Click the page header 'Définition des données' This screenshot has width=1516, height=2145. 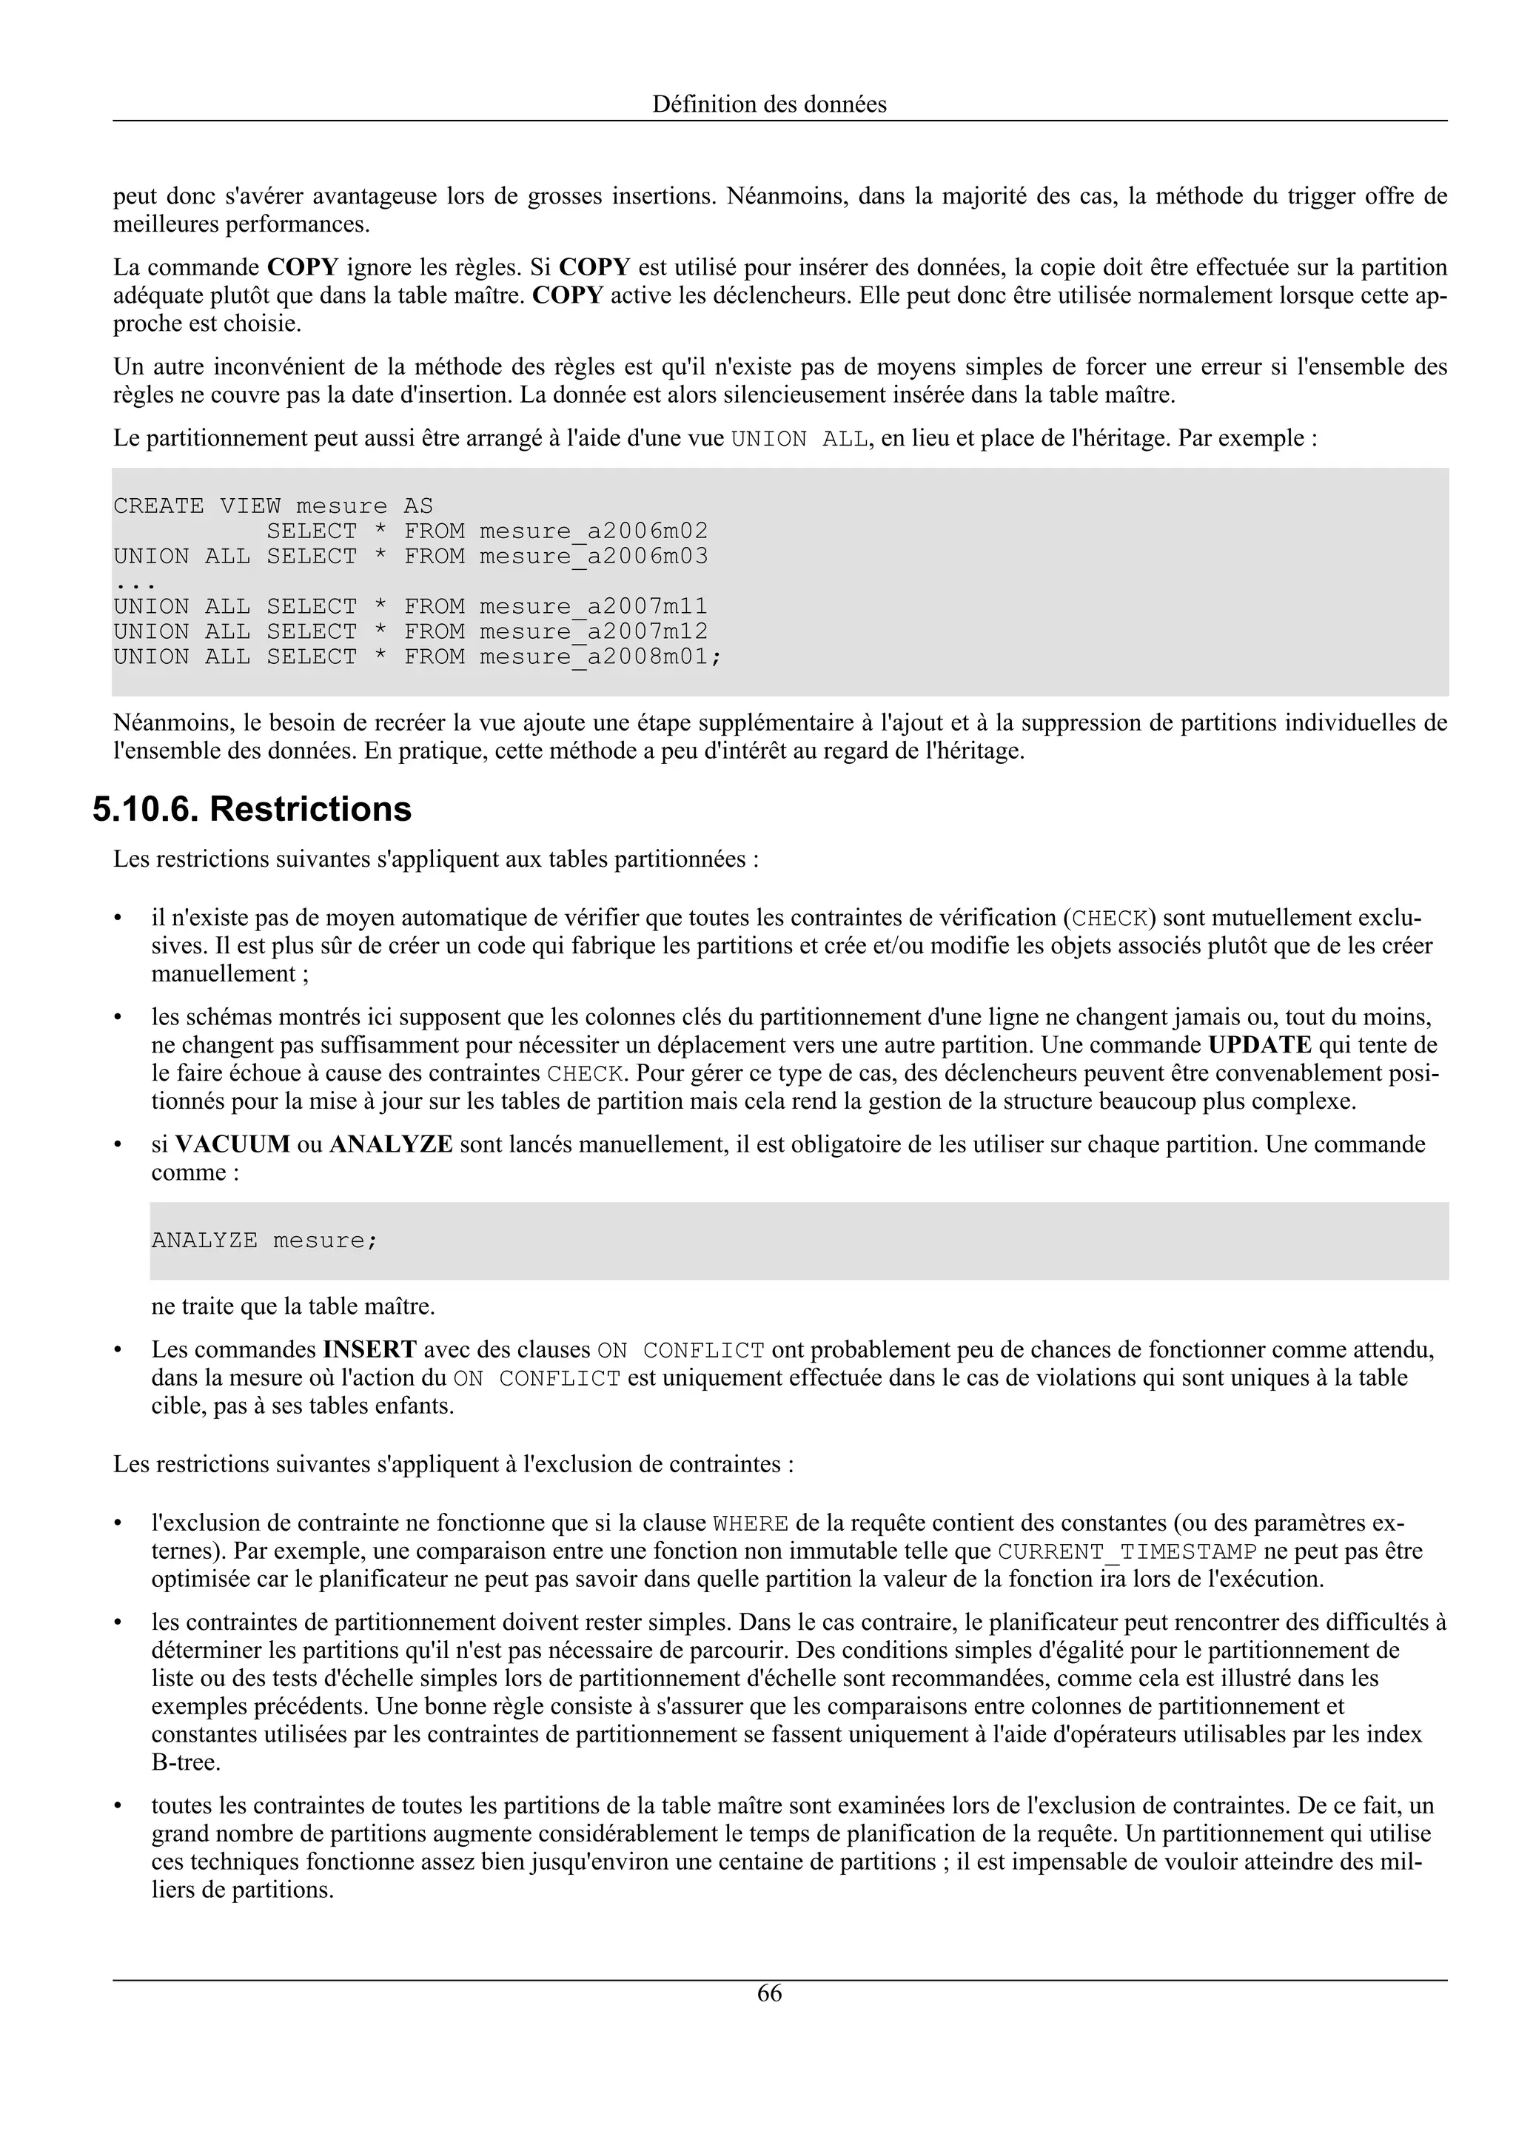point(769,104)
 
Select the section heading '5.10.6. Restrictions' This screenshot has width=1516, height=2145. point(252,809)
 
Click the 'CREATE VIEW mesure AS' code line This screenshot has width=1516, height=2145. point(272,506)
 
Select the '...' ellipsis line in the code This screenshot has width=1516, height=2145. point(133,582)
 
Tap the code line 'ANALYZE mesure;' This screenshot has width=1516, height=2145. point(264,1241)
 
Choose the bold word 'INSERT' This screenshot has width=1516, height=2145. point(370,1350)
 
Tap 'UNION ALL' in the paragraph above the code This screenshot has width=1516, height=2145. point(799,438)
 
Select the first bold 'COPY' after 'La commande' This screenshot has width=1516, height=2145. point(303,267)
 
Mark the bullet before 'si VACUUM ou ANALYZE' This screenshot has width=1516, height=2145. point(118,1144)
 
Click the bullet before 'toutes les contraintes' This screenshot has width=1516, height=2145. point(118,1806)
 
